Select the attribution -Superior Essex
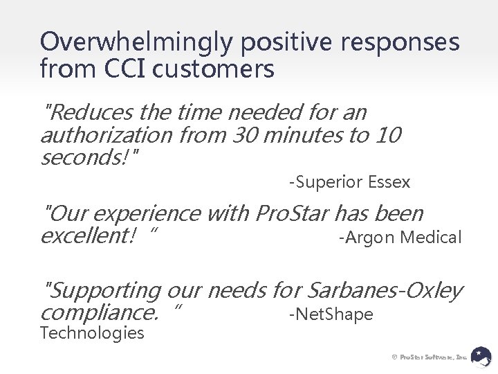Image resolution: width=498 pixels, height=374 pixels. tap(349, 183)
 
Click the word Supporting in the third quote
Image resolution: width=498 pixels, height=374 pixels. tap(101, 292)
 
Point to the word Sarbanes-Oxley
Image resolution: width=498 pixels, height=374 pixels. tap(384, 292)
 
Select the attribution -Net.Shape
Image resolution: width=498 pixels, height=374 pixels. tap(331, 315)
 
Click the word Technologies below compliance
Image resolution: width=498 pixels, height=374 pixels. tap(92, 334)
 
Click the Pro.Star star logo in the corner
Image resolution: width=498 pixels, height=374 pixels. tap(481, 356)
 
